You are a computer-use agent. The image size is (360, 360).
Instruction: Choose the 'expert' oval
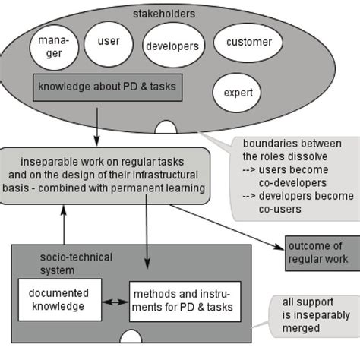pos(238,93)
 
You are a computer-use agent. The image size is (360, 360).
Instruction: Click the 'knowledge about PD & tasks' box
pos(107,87)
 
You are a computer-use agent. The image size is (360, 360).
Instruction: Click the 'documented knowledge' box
pos(59,299)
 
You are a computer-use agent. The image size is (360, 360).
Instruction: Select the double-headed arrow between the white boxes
pos(115,302)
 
